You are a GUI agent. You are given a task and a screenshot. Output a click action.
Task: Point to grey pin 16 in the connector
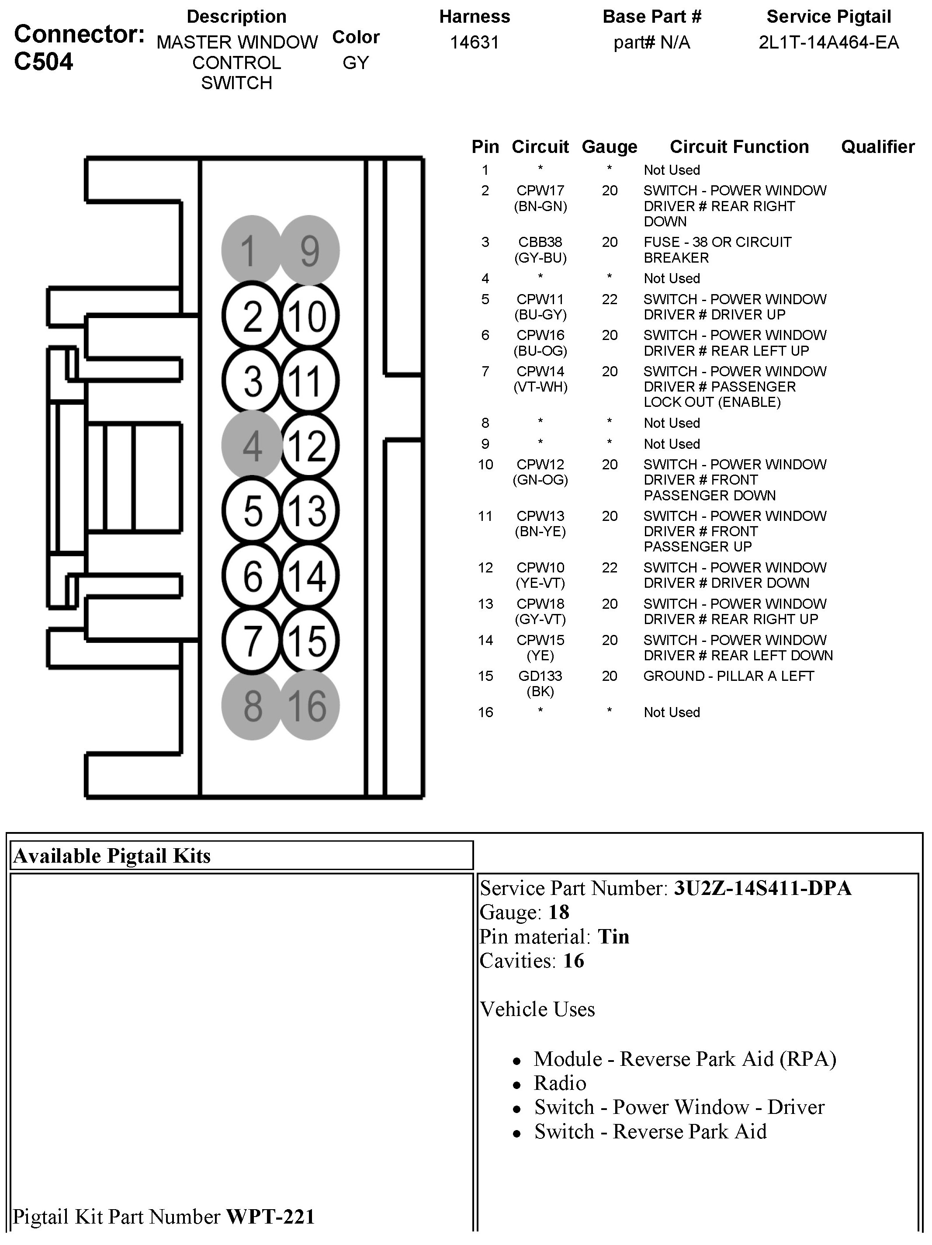(x=308, y=706)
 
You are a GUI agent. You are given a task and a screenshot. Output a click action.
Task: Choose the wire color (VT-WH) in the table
(x=540, y=387)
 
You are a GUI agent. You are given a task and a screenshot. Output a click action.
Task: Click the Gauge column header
(x=609, y=147)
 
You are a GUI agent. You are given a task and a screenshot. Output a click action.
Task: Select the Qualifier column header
(x=877, y=147)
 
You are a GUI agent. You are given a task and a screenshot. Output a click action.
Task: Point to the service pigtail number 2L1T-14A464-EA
(x=828, y=43)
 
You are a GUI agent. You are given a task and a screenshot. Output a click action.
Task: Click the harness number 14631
(x=475, y=43)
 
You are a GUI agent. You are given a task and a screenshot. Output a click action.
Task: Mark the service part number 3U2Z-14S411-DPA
(x=762, y=888)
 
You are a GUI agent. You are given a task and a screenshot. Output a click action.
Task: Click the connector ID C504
(x=43, y=61)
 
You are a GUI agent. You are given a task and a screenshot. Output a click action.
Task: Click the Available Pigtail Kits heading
(x=111, y=856)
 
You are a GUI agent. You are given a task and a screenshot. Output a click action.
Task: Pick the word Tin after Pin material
(x=613, y=936)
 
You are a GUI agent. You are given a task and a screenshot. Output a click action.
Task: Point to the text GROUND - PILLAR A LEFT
(x=728, y=676)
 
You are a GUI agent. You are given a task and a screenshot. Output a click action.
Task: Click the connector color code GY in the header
(x=356, y=63)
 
